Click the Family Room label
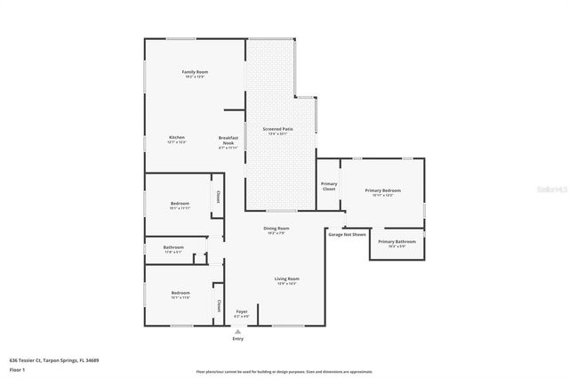[x=195, y=72]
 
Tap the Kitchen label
[x=176, y=137]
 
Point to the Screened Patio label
[x=278, y=130]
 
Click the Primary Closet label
[x=329, y=186]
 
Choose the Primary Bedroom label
[x=383, y=190]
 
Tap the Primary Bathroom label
[x=397, y=242]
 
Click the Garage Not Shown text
[x=348, y=234]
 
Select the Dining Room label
[x=276, y=229]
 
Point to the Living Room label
[x=286, y=278]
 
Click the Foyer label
[x=241, y=311]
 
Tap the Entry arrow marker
[x=237, y=331]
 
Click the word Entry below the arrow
[x=237, y=339]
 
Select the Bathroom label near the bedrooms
[x=173, y=247]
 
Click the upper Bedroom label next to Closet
[x=180, y=204]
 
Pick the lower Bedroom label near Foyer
[x=180, y=294]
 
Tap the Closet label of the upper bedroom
[x=216, y=198]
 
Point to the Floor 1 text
[x=17, y=368]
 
